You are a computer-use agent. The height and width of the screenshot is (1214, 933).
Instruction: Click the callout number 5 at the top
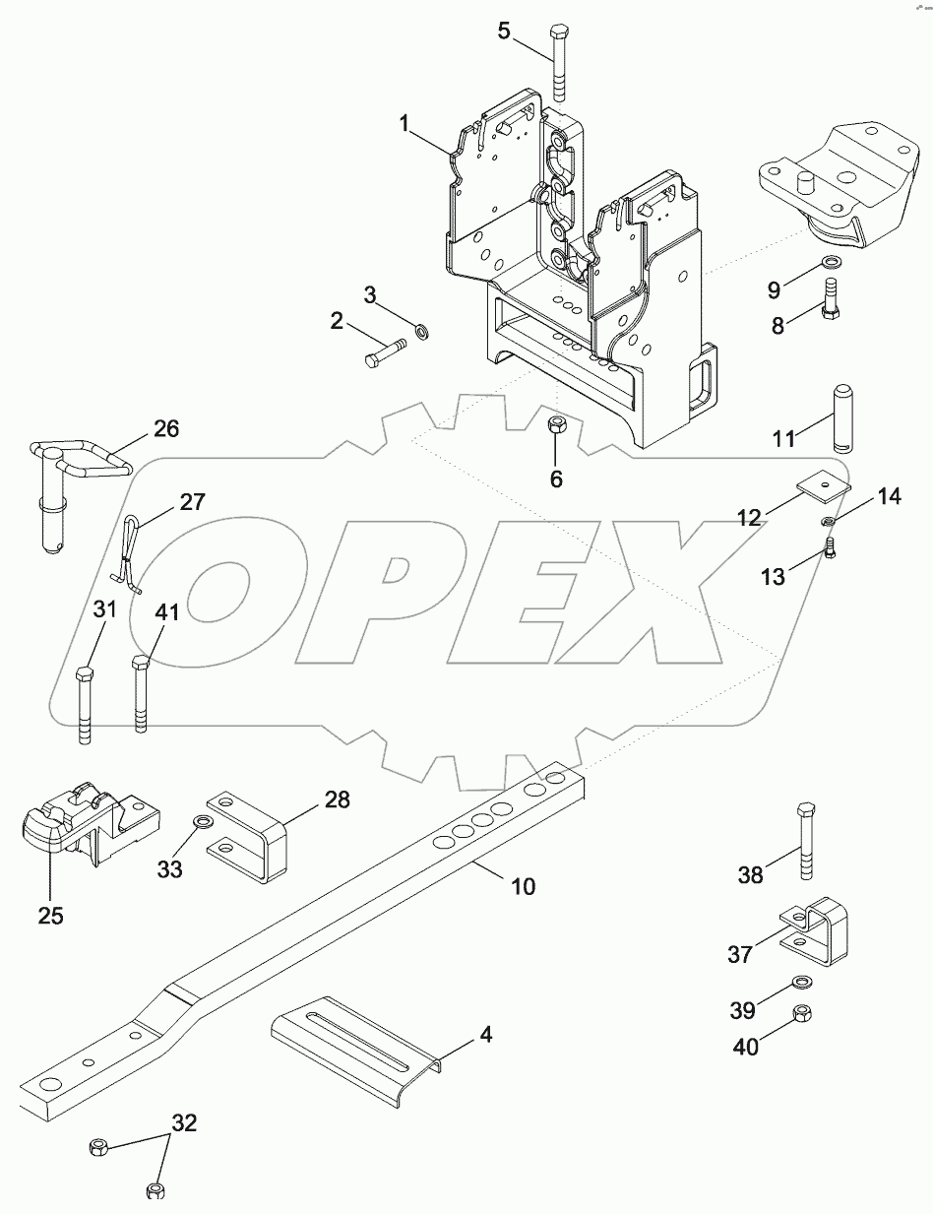pyautogui.click(x=505, y=31)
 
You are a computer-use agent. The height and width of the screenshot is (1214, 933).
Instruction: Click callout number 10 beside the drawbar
pyautogui.click(x=524, y=885)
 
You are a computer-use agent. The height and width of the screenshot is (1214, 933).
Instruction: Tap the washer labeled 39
pyautogui.click(x=802, y=982)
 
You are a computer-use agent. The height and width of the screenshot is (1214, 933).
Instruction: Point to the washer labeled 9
pyautogui.click(x=832, y=263)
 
